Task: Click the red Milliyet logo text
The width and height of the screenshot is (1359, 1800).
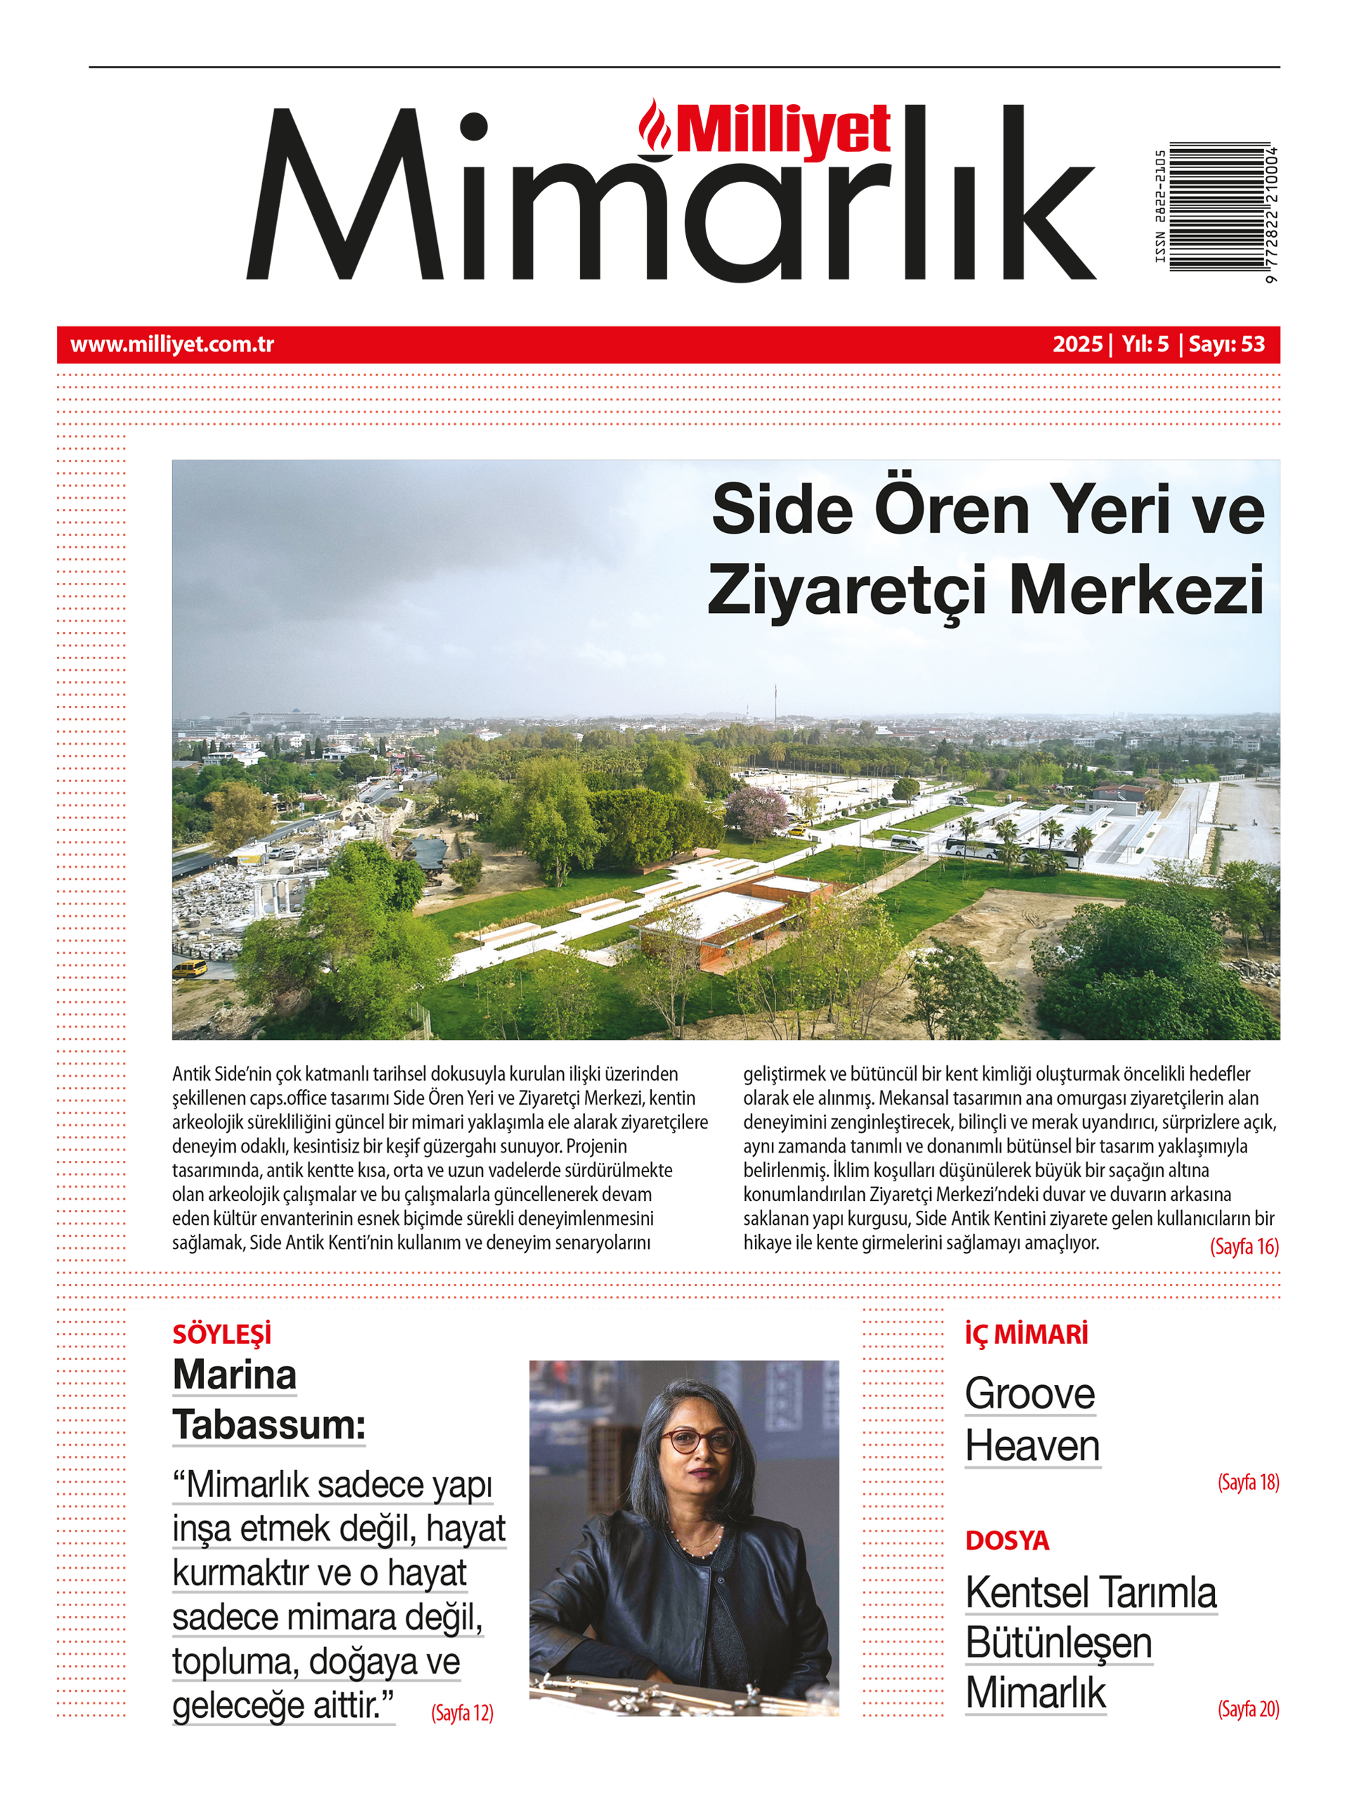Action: click(x=783, y=130)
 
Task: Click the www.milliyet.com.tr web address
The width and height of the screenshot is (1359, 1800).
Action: click(x=172, y=345)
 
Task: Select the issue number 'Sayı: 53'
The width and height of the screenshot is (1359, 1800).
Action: click(x=1226, y=345)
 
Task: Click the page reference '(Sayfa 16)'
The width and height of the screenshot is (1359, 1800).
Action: click(x=1244, y=1246)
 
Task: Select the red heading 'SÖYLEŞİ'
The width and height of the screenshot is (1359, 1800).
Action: click(x=222, y=1335)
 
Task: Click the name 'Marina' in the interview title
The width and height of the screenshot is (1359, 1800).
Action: click(x=234, y=1375)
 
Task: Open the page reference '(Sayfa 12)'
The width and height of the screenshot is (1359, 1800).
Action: click(x=462, y=1713)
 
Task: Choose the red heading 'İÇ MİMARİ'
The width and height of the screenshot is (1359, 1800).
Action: click(x=1026, y=1335)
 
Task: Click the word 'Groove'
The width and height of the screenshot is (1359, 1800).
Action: click(x=1029, y=1394)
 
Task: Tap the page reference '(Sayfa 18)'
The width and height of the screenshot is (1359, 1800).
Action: click(x=1247, y=1483)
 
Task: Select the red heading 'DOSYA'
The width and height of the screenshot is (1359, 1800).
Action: click(x=1007, y=1541)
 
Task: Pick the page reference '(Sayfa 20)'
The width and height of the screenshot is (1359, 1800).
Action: click(x=1247, y=1709)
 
